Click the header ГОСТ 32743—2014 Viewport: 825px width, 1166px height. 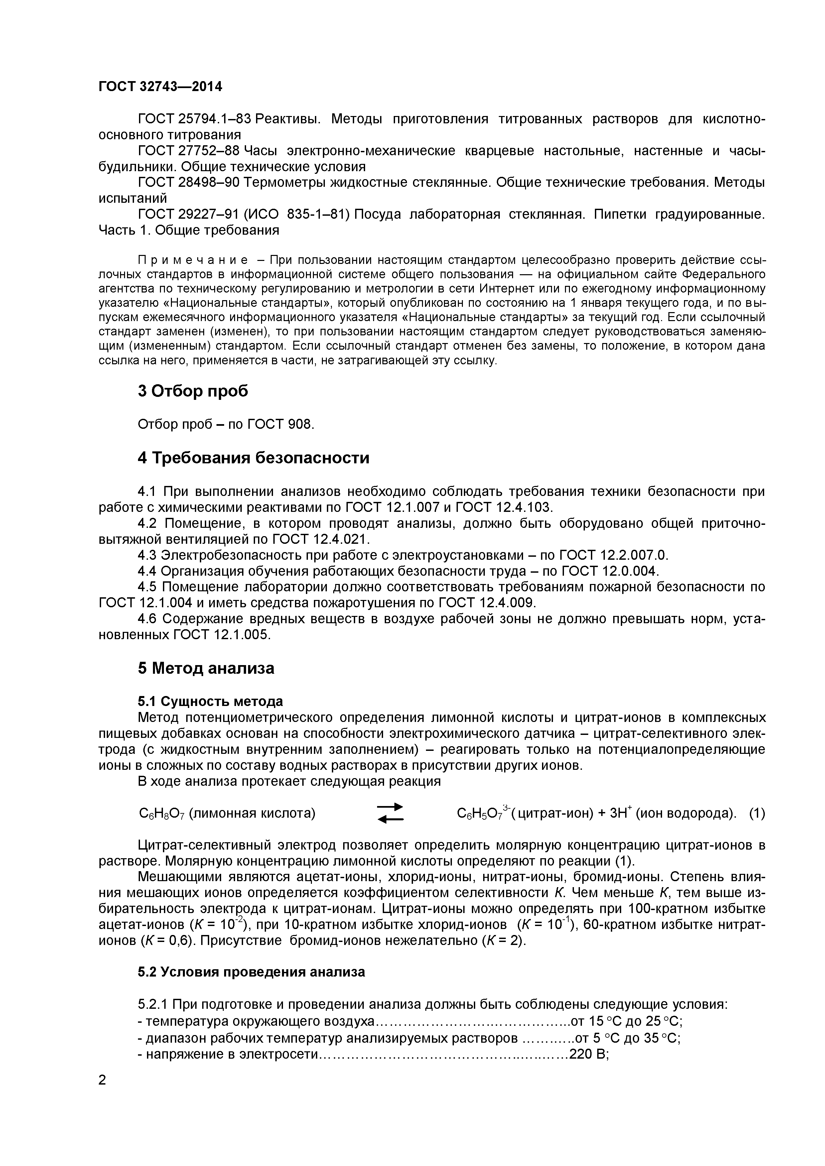coord(160,86)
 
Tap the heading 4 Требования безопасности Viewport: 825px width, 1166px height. coord(253,458)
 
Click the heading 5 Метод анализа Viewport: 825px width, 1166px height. coord(206,668)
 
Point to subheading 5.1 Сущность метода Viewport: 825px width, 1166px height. coord(210,701)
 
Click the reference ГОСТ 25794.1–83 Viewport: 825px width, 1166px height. coord(195,119)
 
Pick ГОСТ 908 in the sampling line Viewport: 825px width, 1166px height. coord(280,424)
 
